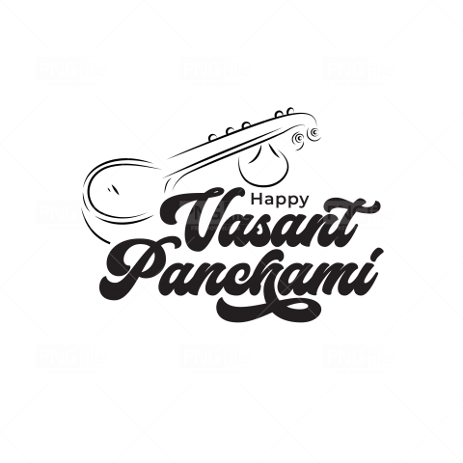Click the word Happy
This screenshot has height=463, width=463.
point(280,200)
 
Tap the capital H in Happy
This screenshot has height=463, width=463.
point(256,199)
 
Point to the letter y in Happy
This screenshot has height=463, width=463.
point(304,202)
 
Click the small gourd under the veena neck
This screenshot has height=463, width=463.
point(263,165)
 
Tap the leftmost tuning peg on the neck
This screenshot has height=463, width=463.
point(213,138)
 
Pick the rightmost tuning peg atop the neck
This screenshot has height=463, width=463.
point(289,111)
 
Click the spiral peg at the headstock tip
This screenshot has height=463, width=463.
point(314,132)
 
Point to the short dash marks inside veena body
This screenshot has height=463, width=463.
point(113,189)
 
